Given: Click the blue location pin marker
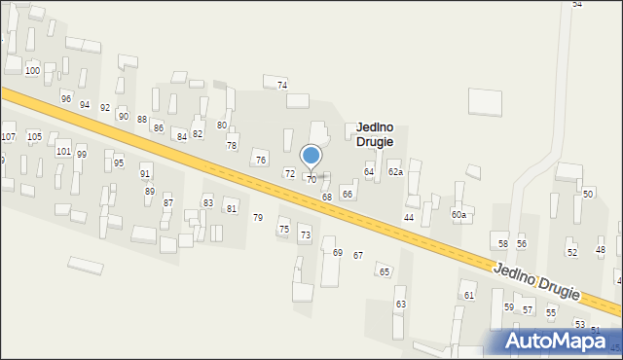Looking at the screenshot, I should coord(311,157).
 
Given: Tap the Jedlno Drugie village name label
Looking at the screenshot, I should coord(375,134).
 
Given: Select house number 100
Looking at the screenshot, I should coord(32,71).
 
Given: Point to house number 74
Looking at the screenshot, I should coord(282,86).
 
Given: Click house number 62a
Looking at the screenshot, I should coord(395,171).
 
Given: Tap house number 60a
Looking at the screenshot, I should coord(458,214).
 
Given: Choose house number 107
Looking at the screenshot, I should coord(8,136).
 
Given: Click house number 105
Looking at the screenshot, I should coord(34,136).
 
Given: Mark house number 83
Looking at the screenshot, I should coord(207,202).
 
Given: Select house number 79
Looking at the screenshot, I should coord(258,217).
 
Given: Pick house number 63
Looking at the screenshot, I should coord(400,305).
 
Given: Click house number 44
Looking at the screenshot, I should coord(409,217).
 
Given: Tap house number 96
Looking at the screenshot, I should coord(66,99).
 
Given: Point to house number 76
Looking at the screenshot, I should coord(261,161).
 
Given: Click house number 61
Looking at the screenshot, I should coord(469,295).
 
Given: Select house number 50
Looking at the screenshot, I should coord(588,195).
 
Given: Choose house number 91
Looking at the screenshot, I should coord(145,174).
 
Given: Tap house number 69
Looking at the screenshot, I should coord(338,253).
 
